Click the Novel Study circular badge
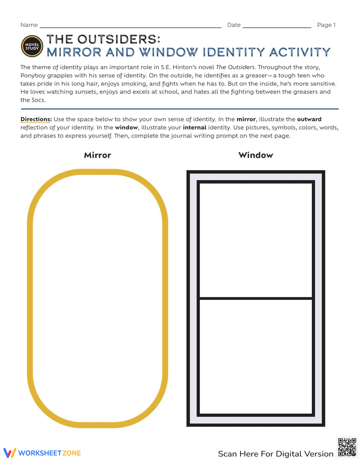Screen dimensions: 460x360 (32, 46)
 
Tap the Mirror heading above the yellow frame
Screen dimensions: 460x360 (97, 155)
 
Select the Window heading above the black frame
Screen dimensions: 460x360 (256, 155)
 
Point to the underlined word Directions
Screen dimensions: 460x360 (36, 119)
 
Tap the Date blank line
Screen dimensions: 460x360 (277, 27)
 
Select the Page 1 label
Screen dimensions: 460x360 (326, 25)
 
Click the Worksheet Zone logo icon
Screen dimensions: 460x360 (10, 453)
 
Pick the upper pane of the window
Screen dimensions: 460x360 (256, 240)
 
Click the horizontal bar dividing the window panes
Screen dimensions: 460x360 (256, 298)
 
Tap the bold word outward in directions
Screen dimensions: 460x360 (309, 119)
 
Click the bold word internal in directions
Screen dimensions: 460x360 (194, 128)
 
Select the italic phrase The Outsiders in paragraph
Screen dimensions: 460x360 (235, 67)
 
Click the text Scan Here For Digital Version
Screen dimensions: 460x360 (276, 454)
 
